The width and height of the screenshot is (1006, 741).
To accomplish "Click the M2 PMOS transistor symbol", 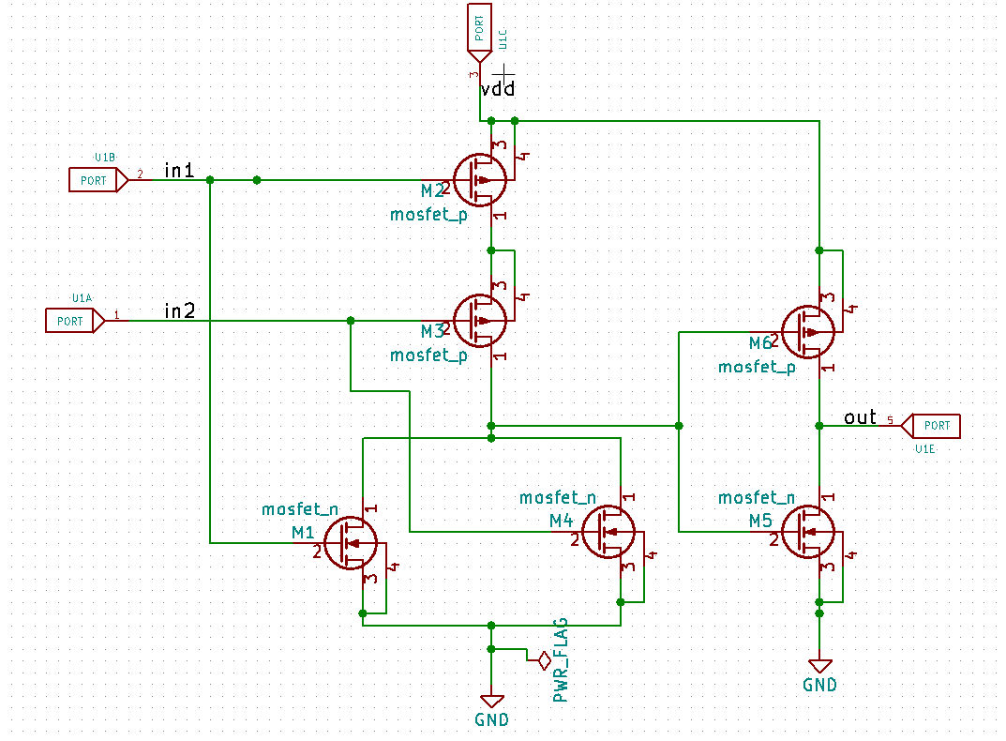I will tap(480, 179).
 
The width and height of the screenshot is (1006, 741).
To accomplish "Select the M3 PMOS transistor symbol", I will tap(480, 320).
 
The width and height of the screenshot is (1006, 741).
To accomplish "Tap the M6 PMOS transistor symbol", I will tap(808, 331).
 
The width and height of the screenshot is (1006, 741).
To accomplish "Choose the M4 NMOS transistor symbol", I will tap(608, 532).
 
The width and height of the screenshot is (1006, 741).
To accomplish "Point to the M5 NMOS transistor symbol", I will tap(808, 531).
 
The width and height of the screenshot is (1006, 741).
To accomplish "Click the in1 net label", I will tap(179, 171).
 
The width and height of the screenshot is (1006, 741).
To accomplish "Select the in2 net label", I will tap(179, 310).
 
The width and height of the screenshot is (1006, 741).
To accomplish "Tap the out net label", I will tap(860, 417).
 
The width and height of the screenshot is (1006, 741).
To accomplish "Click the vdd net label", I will tap(497, 90).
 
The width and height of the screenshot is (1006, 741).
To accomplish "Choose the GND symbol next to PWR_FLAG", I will tap(491, 701).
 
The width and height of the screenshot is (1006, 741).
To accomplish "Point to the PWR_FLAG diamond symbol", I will tap(543, 661).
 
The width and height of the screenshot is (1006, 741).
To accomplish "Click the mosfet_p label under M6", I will tap(757, 368).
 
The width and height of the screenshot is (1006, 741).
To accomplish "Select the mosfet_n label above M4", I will tap(558, 498).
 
